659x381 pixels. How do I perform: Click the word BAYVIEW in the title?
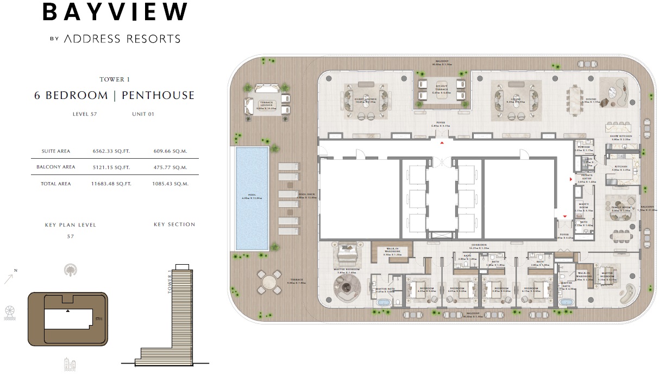click(115, 13)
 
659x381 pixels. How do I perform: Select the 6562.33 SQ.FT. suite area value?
click(111, 151)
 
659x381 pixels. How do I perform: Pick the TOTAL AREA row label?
click(56, 184)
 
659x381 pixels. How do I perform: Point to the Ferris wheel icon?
click(10, 311)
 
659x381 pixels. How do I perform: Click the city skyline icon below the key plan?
click(70, 364)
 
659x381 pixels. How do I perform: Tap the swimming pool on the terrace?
click(252, 197)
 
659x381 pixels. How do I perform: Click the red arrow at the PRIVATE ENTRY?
click(570, 179)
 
